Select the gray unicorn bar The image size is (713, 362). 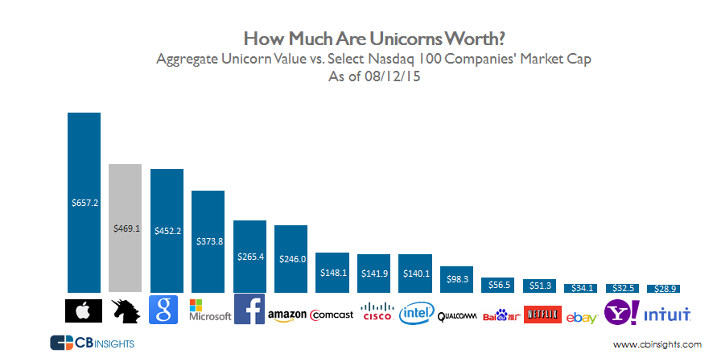tap(125, 228)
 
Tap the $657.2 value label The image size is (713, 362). tap(84, 204)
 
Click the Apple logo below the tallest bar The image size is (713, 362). tap(84, 311)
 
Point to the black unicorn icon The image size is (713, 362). tap(126, 311)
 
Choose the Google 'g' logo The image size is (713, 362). tap(166, 311)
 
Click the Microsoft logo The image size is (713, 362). tap(208, 310)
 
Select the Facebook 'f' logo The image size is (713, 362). tap(249, 309)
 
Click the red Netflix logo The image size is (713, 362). tap(540, 314)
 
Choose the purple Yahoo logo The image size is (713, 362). tap(624, 312)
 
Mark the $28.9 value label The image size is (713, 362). tap(666, 286)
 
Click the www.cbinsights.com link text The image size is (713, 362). tap(657, 344)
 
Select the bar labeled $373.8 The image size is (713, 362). tap(208, 241)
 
